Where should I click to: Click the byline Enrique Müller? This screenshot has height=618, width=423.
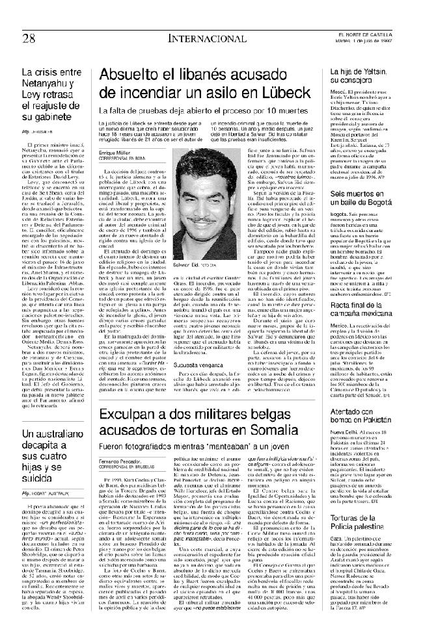click(116, 151)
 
